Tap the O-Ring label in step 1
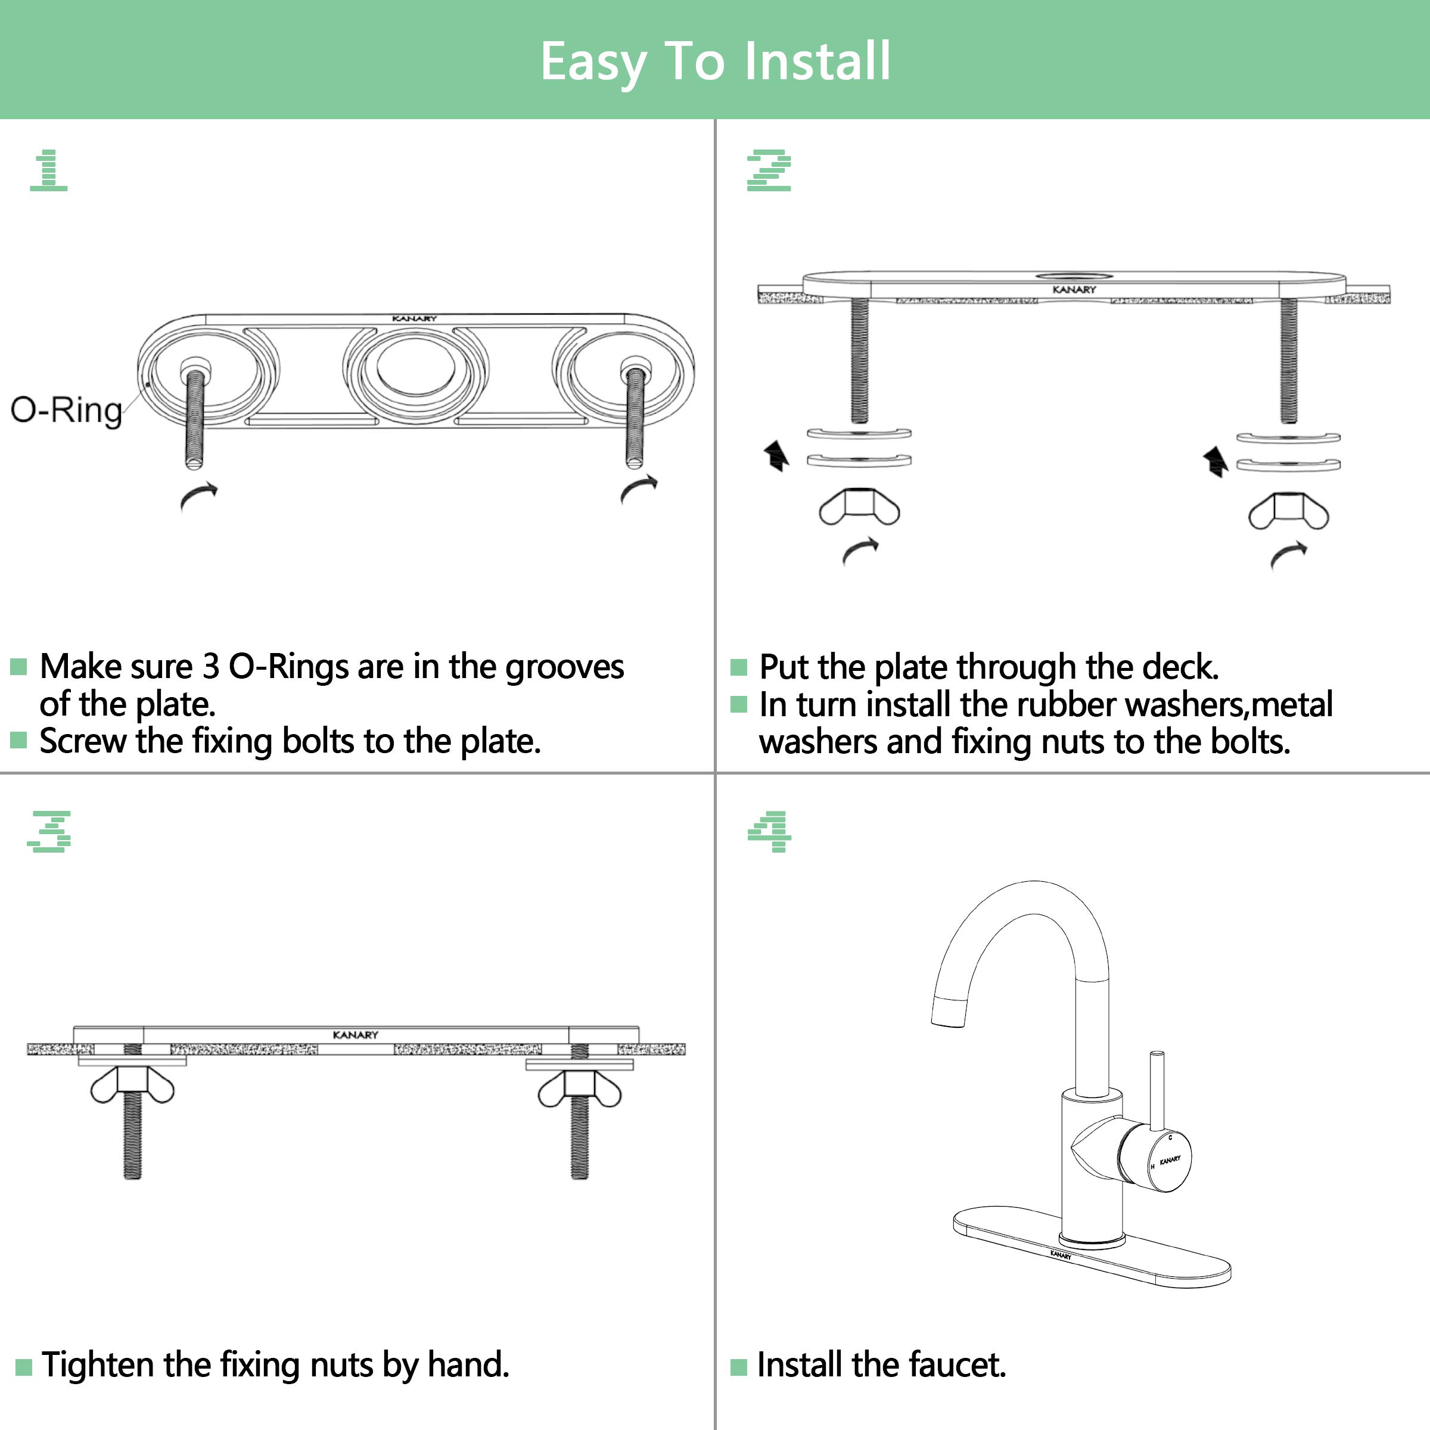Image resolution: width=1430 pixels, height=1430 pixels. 66,410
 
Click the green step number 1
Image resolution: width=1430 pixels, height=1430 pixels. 49,170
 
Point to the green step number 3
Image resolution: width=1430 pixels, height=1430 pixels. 49,831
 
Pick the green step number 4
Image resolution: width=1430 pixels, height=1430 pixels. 769,831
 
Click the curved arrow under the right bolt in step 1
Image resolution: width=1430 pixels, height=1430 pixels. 638,489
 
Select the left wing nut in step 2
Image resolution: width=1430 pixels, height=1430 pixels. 859,508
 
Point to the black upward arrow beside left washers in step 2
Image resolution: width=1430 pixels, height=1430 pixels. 776,455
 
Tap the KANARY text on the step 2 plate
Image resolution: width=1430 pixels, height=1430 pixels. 1073,290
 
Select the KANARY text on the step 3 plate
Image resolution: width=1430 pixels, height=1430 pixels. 355,1035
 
